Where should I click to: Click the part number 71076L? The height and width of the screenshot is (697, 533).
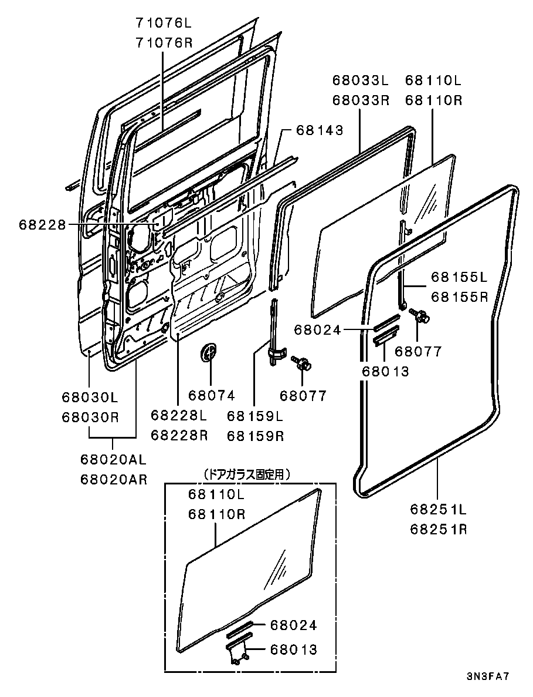164,23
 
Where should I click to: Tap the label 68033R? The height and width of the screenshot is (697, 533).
361,100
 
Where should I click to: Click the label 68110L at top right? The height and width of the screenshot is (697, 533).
433,80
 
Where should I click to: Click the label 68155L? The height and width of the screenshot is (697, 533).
459,277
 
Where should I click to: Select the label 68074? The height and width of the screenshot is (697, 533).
211,395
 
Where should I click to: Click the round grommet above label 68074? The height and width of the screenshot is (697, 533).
208,353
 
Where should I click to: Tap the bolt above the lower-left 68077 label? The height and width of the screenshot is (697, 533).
304,363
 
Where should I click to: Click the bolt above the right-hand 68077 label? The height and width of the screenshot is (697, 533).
421,316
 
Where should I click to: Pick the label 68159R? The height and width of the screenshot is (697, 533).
255,436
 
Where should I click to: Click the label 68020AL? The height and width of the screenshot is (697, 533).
114,459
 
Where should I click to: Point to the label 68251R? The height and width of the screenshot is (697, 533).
438,528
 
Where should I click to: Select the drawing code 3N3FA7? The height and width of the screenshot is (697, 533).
488,676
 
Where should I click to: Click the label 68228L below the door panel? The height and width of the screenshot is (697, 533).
179,416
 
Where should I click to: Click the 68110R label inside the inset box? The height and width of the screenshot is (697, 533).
216,514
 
